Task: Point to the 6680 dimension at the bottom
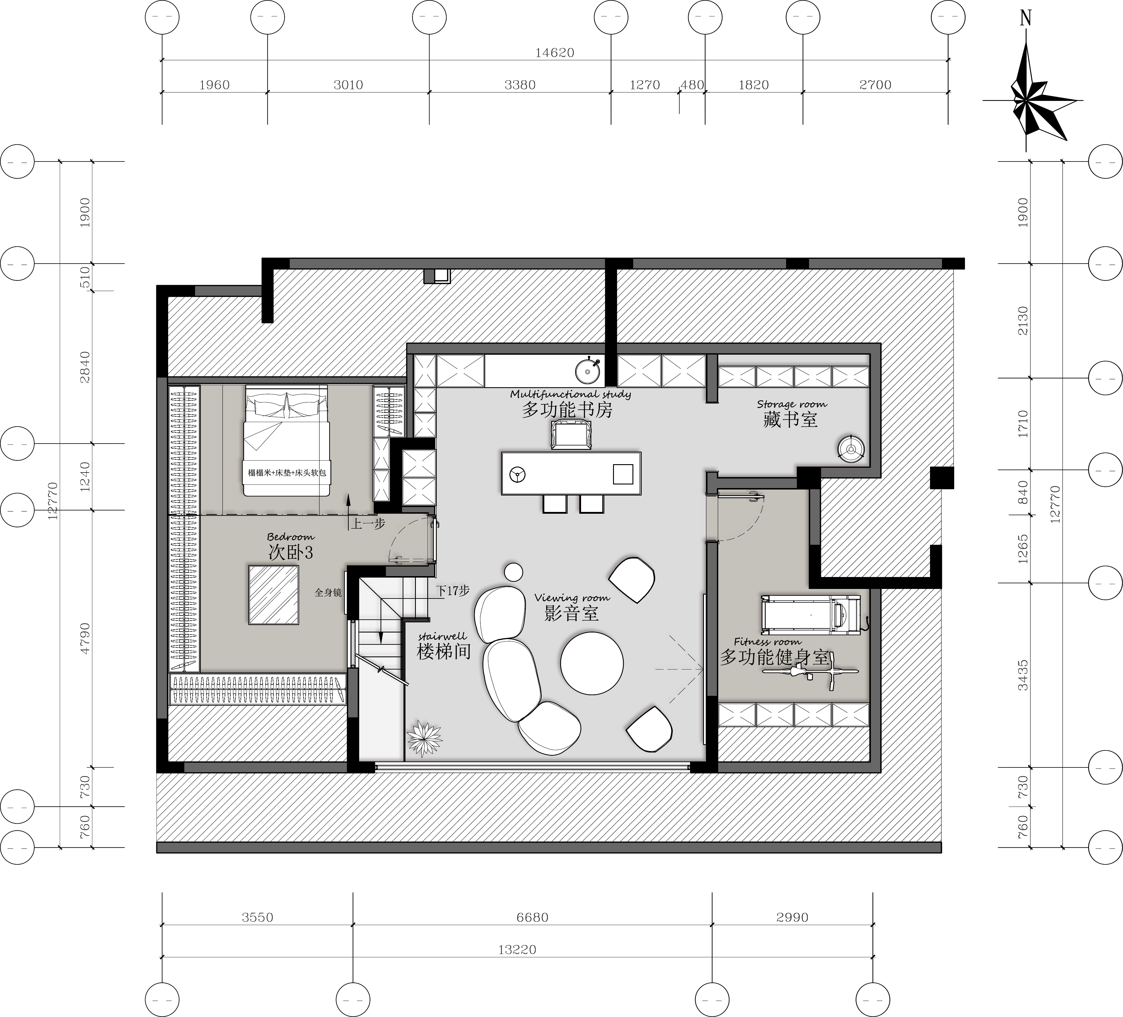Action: [533, 917]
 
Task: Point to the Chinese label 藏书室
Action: [790, 419]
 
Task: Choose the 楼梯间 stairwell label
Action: [444, 651]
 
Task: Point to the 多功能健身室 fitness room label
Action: [774, 657]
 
